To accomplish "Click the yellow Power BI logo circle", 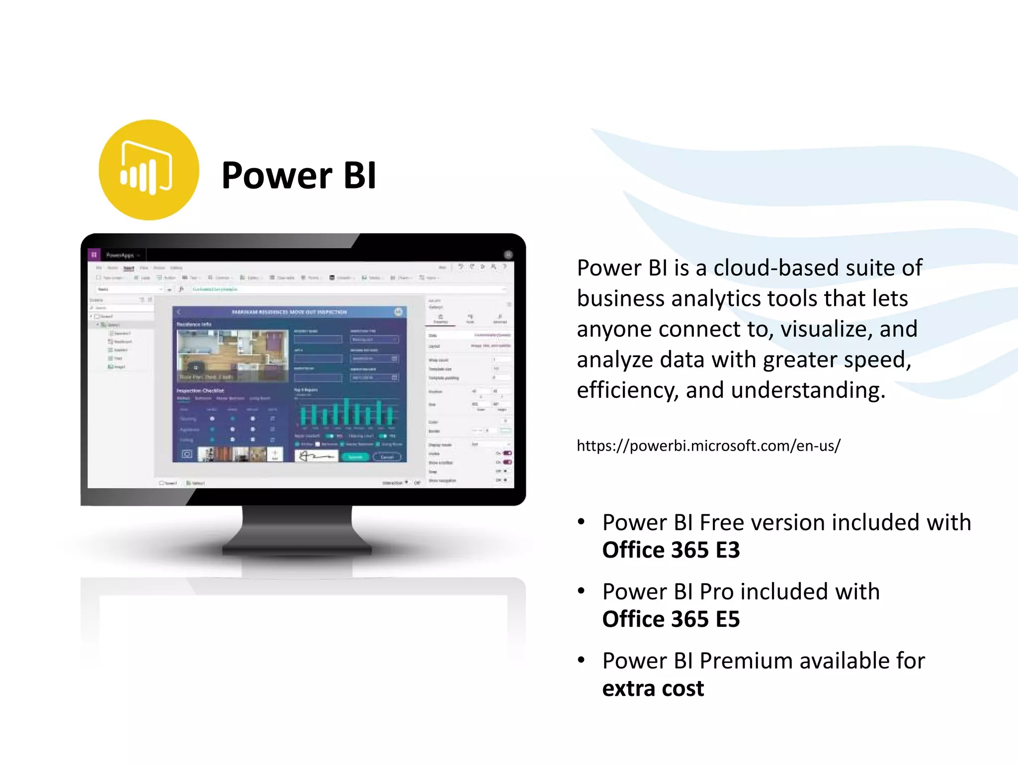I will pyautogui.click(x=149, y=170).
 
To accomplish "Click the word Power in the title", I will pyautogui.click(x=276, y=176).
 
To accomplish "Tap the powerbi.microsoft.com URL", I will pyautogui.click(x=708, y=446).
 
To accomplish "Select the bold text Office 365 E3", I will pyautogui.click(x=671, y=550).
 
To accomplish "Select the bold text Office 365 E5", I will pyautogui.click(x=671, y=619).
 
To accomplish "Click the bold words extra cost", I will pyautogui.click(x=653, y=688).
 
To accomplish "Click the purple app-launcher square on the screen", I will pyautogui.click(x=94, y=255).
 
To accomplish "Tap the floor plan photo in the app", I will pyautogui.click(x=233, y=355).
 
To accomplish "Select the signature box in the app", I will pyautogui.click(x=316, y=456).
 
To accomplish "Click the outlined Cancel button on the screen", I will pyautogui.click(x=387, y=457).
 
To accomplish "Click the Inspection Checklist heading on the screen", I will pyautogui.click(x=200, y=390).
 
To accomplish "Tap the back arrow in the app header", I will pyautogui.click(x=179, y=312).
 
